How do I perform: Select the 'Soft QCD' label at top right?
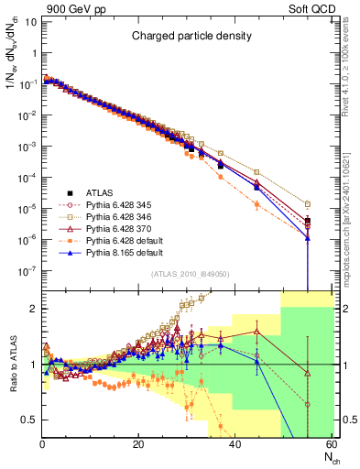coord(311,8)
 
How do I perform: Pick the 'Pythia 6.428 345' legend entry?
coord(118,204)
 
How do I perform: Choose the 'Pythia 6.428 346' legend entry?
coord(118,217)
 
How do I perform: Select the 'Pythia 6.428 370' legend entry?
coord(118,230)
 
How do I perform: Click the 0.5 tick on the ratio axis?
coord(31,420)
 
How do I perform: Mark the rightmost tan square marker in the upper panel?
coord(308,204)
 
